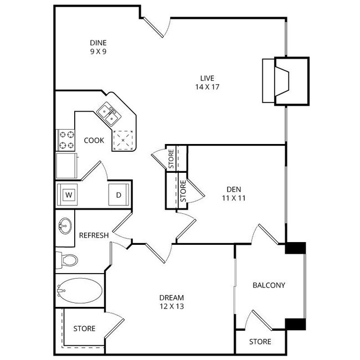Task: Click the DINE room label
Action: (98, 43)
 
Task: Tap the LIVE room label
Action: (208, 78)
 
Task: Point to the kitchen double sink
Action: (109, 114)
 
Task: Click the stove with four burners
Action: (66, 140)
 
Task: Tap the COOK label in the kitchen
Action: (94, 140)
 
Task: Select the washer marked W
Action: (69, 195)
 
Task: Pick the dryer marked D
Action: (119, 195)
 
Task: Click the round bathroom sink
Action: (65, 225)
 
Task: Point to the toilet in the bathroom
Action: (68, 259)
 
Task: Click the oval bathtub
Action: (79, 290)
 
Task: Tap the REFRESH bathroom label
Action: (94, 235)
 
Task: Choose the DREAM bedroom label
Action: (172, 297)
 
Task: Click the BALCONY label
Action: (269, 286)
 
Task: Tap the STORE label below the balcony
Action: (260, 342)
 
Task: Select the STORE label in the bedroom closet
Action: (84, 328)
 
